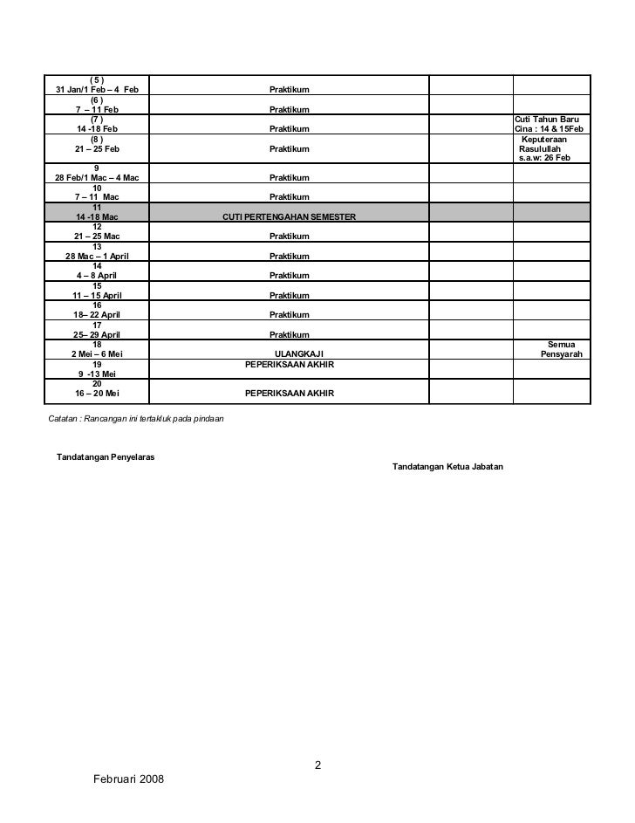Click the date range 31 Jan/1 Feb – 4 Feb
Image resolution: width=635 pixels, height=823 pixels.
[x=97, y=90]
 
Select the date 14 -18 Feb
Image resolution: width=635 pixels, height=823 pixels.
[x=97, y=129]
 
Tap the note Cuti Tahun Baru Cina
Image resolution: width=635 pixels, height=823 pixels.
[x=552, y=124]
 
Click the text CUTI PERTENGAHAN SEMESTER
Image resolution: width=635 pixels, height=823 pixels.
[x=289, y=216]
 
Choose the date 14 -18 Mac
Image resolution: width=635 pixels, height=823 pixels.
[x=97, y=216]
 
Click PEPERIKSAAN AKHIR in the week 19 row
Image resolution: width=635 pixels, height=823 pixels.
[x=289, y=364]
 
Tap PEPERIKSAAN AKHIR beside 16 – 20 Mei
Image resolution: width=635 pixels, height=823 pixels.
[x=289, y=394]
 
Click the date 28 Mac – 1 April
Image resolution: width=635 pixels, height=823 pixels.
[x=97, y=257]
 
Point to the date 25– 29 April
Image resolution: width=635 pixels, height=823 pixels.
[x=97, y=335]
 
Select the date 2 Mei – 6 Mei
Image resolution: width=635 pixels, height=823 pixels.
[x=97, y=353]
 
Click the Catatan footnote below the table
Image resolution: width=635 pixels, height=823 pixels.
[x=137, y=419]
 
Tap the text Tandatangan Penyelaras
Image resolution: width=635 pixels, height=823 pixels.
[x=106, y=457]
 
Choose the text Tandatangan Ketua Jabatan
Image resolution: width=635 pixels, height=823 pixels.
[x=447, y=467]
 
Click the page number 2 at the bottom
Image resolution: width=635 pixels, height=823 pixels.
[x=317, y=765]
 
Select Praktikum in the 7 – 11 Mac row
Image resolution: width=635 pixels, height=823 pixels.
[x=289, y=197]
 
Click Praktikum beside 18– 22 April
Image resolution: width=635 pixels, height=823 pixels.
[x=289, y=315]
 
